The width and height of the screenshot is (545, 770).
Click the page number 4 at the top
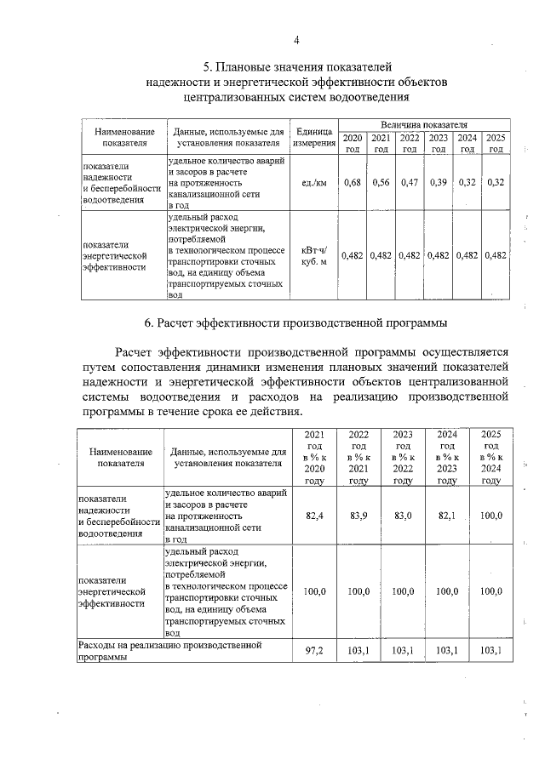tap(297, 39)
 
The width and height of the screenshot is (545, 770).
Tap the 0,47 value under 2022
tap(410, 182)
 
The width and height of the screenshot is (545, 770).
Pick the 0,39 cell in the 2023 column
tap(439, 182)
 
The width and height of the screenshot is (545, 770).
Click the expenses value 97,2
tap(314, 650)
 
